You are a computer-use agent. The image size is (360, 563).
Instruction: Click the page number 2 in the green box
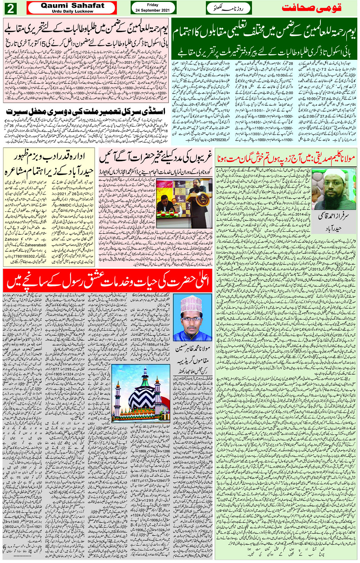coord(10,8)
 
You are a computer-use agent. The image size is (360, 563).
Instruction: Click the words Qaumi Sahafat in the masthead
coord(72,5)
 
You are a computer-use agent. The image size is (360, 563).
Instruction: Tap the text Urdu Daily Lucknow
coord(72,11)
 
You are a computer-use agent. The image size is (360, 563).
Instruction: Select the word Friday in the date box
coord(152,5)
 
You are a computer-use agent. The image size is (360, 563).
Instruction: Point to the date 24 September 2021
coord(153,10)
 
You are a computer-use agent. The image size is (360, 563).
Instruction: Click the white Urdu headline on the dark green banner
coord(264,32)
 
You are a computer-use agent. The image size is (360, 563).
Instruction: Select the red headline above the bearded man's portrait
coord(286,158)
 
